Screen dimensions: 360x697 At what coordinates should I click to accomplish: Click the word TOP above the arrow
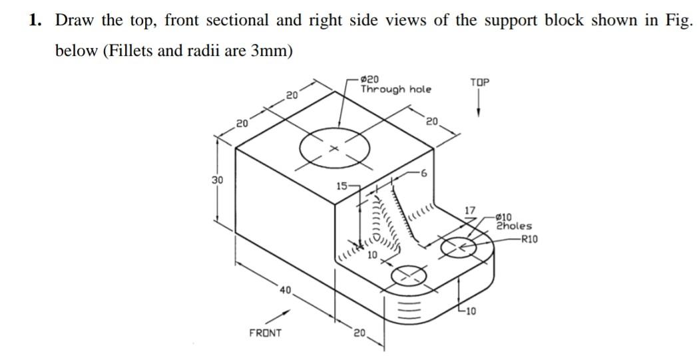[479, 82]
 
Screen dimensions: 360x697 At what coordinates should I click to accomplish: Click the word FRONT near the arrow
[265, 332]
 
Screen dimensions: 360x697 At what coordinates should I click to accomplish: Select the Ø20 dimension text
[371, 79]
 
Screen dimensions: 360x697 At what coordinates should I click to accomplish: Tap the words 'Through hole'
[395, 89]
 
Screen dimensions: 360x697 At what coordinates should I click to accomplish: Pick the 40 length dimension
[285, 289]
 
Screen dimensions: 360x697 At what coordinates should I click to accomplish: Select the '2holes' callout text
[514, 226]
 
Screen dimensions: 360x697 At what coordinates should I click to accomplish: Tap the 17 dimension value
[470, 210]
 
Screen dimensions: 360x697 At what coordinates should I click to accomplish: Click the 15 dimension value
[341, 186]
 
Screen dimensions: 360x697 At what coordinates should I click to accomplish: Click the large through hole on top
[334, 148]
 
